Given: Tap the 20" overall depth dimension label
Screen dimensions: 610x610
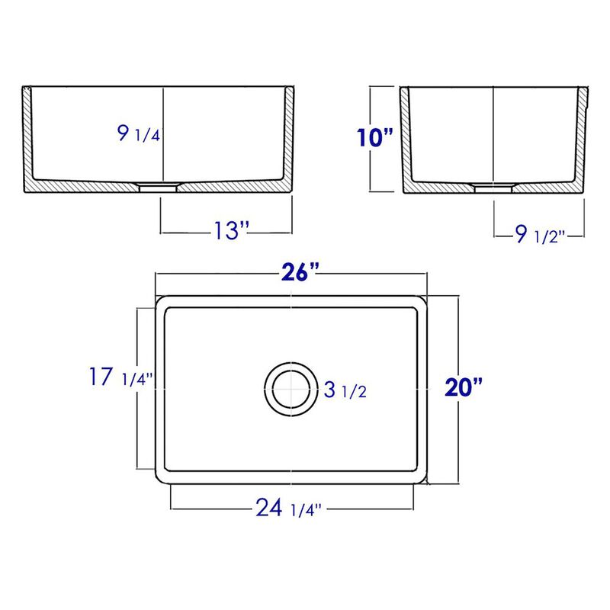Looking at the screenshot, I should coord(464,388).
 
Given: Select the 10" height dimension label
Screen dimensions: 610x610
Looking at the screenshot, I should coord(375,138).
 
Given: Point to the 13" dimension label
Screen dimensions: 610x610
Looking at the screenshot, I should coord(226,230).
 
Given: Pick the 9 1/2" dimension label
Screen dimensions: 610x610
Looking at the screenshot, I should coord(538,235).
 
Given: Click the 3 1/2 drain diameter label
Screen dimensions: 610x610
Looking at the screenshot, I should coord(346,391).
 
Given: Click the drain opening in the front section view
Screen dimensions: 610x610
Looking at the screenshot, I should coord(160,185).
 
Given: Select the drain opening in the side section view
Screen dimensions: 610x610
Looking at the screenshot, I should coord(493,185).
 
